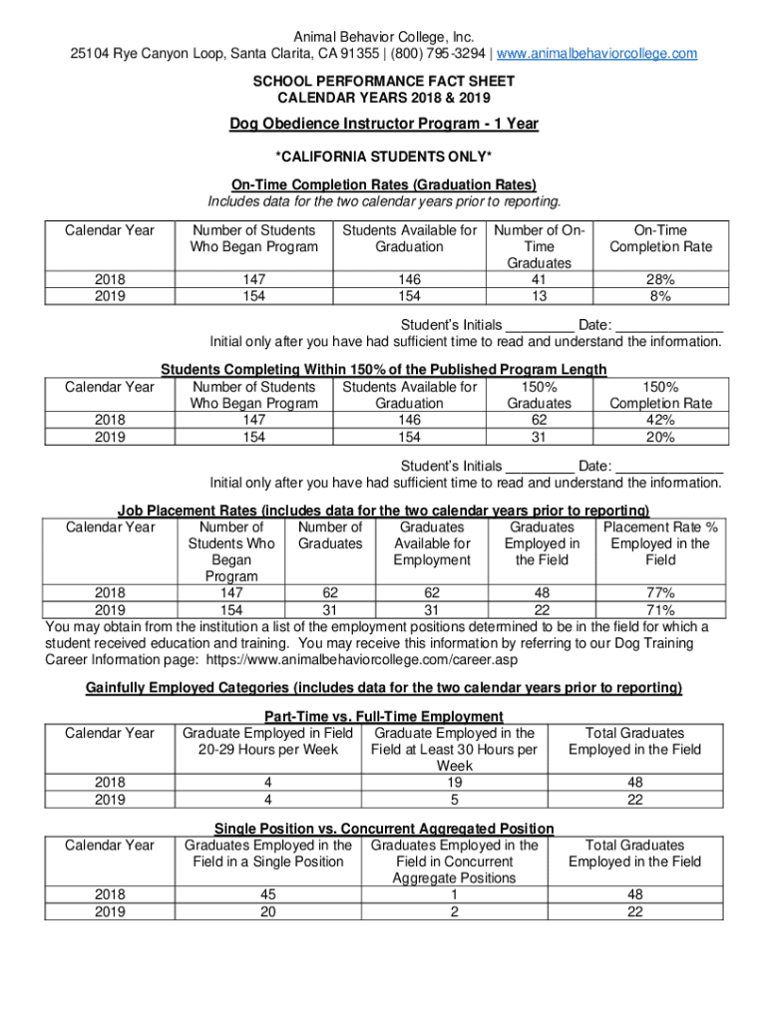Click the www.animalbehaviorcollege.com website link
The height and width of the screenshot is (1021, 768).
coord(597,53)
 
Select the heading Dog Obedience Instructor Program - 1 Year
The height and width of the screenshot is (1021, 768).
coord(384,124)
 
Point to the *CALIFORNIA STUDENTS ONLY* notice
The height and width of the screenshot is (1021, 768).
coord(384,158)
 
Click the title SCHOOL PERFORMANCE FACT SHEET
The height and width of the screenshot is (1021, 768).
coord(384,83)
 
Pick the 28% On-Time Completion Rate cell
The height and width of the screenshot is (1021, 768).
coord(661,280)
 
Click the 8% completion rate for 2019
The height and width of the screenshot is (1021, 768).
coord(661,296)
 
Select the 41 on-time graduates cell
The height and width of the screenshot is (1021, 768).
coord(539,280)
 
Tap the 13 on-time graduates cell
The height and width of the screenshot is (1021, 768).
coord(539,296)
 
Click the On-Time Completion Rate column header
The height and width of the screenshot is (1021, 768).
coord(661,238)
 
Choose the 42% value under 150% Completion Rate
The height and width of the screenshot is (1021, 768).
coord(661,420)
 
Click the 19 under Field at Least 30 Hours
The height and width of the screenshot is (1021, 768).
coord(454,783)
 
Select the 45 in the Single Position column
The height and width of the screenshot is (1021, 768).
coord(267,895)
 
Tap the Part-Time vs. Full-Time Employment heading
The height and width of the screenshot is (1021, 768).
coord(384,716)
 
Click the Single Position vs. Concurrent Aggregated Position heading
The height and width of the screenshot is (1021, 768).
coord(384,829)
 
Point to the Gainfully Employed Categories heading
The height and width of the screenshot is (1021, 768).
coord(384,688)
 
